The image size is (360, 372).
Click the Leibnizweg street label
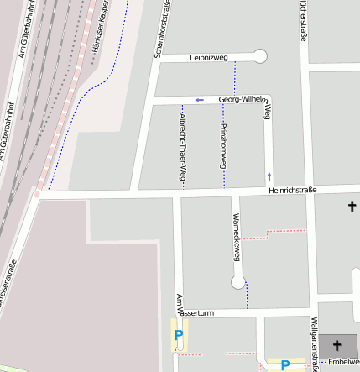(x=209, y=57)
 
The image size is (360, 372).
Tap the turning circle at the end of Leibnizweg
(x=260, y=56)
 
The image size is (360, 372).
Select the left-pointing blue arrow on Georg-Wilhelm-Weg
(x=199, y=100)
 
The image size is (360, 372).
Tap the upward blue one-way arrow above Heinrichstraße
(x=269, y=176)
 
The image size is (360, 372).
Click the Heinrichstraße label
(x=292, y=190)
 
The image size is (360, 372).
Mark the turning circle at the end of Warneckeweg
(x=239, y=283)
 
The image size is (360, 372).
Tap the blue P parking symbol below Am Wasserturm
(x=178, y=336)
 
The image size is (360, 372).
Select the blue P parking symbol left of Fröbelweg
(x=285, y=365)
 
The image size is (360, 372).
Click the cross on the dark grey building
(x=337, y=344)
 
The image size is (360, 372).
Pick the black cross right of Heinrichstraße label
(x=352, y=206)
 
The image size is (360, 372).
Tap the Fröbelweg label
(x=343, y=362)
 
